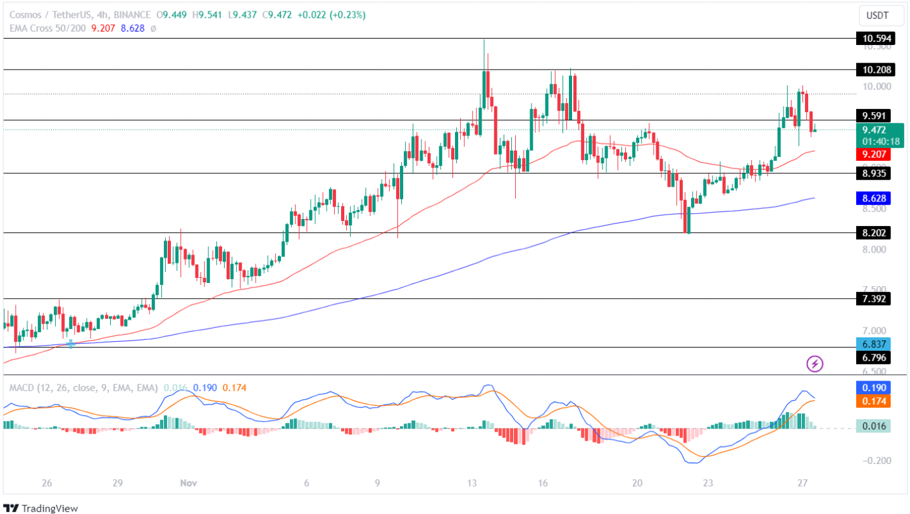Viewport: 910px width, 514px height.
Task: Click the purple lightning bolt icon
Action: tap(815, 363)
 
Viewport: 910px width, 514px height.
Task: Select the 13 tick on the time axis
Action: tap(472, 484)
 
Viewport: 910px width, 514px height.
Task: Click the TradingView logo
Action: tap(41, 508)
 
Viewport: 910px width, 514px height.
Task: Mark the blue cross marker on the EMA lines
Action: tap(70, 344)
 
